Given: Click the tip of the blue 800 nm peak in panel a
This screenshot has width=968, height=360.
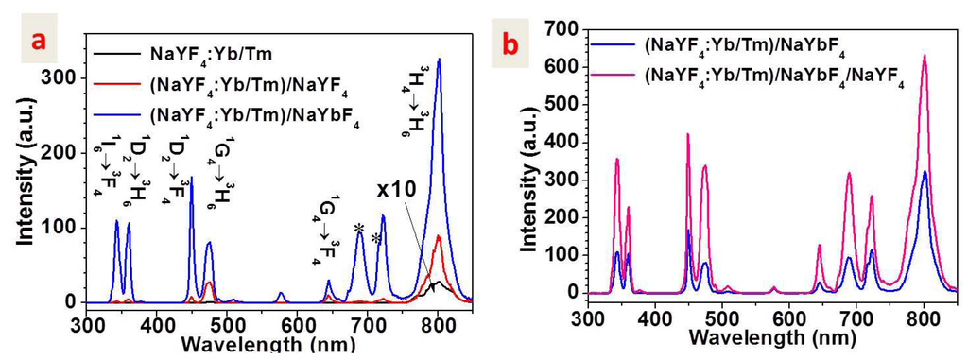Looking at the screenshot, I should (439, 60).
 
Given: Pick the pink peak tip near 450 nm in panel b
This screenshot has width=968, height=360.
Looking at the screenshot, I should (688, 134).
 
